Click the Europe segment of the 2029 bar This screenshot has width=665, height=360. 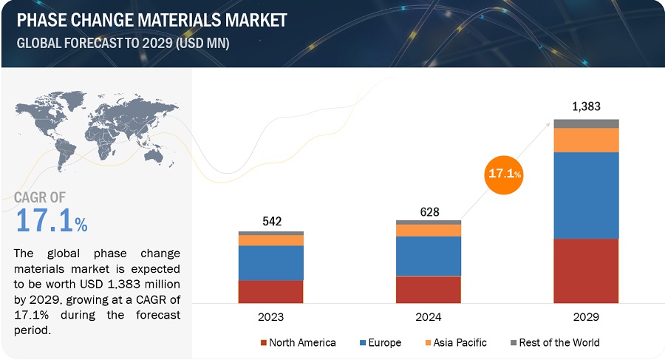pyautogui.click(x=586, y=195)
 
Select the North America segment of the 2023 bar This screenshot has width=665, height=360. pyautogui.click(x=270, y=291)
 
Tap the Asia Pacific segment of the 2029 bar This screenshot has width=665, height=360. pyautogui.click(x=586, y=140)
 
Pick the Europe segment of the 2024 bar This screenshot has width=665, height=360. pyautogui.click(x=429, y=256)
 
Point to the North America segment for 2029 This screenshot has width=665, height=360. pyautogui.click(x=586, y=271)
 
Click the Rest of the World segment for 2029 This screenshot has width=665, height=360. pyautogui.click(x=586, y=123)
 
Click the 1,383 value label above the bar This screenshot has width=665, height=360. pyautogui.click(x=587, y=106)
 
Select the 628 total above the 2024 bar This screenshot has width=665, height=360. pyautogui.click(x=429, y=212)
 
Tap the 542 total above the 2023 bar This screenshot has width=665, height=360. pyautogui.click(x=270, y=222)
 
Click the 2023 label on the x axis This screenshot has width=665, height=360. pyautogui.click(x=270, y=316)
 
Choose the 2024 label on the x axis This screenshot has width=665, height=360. pyautogui.click(x=429, y=316)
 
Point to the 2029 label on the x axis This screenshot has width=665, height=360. pyautogui.click(x=586, y=316)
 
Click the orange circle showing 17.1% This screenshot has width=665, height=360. pyautogui.click(x=503, y=174)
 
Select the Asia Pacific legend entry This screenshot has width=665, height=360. pyautogui.click(x=457, y=342)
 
